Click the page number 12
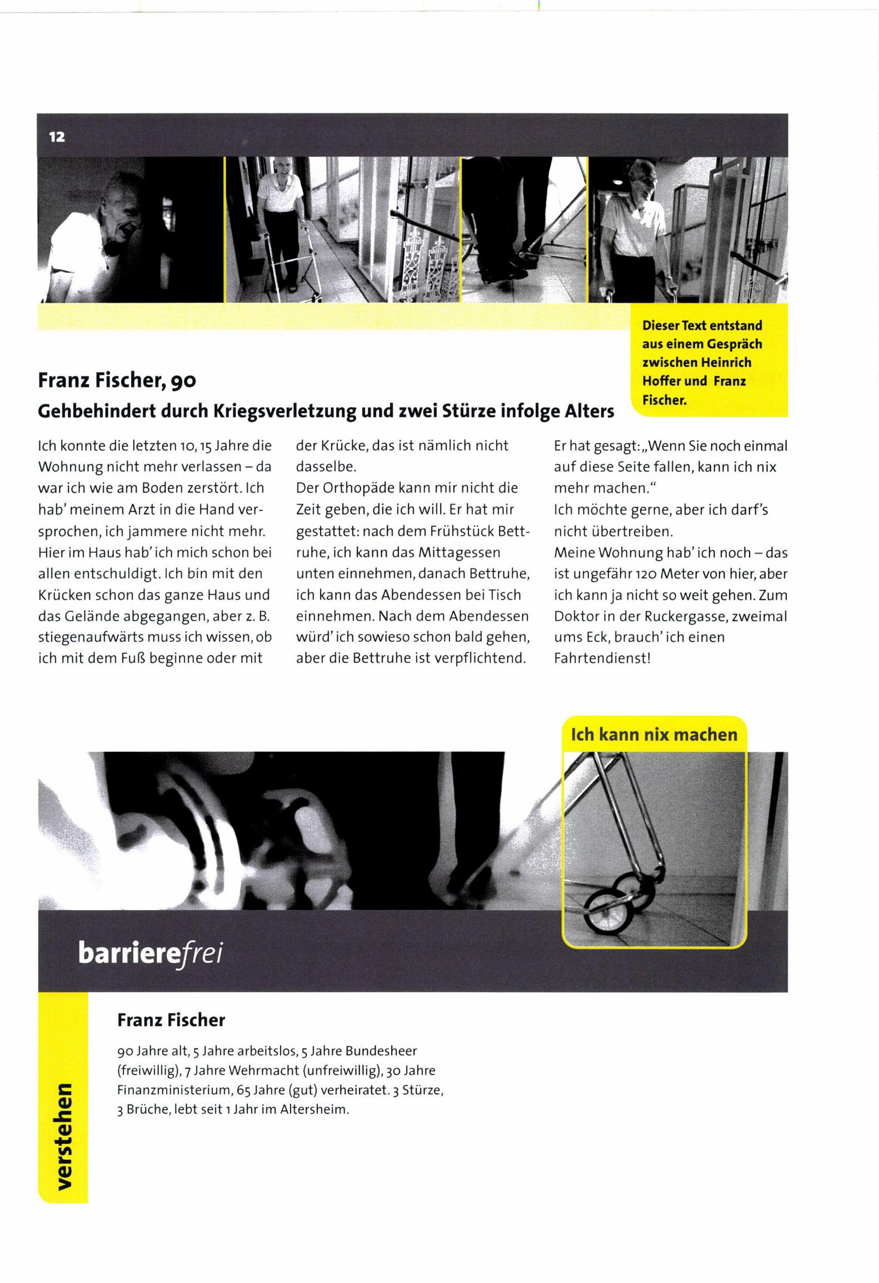57,136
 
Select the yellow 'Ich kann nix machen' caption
654,735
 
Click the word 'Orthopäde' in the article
368,488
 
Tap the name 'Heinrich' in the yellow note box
726,363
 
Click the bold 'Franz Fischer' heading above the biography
171,1020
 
